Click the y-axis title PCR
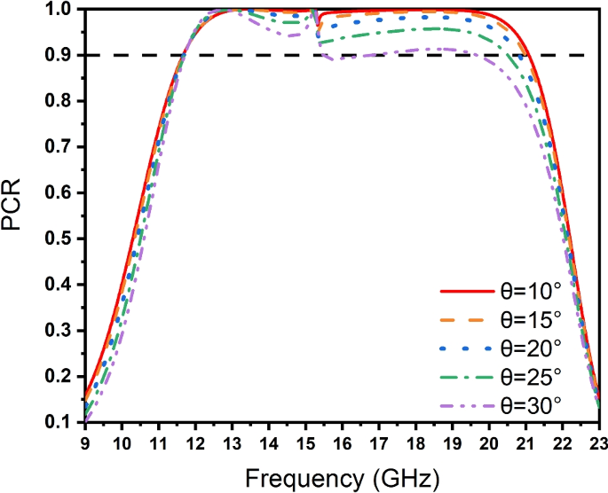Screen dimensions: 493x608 (x=15, y=215)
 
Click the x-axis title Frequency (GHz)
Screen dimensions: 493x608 (x=341, y=480)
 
